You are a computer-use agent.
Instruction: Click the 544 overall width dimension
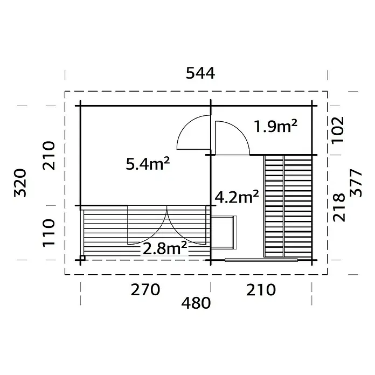(200, 73)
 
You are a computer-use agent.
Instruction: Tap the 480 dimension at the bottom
(196, 303)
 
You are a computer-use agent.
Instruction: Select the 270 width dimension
(145, 290)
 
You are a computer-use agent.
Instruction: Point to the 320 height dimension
(20, 183)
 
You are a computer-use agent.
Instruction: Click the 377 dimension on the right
(356, 183)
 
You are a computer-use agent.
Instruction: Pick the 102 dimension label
(337, 130)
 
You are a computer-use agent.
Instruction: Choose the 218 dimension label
(339, 207)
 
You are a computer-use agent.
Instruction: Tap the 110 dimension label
(49, 232)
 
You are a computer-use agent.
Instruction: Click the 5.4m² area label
(148, 164)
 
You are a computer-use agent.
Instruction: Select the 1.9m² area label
(275, 126)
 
